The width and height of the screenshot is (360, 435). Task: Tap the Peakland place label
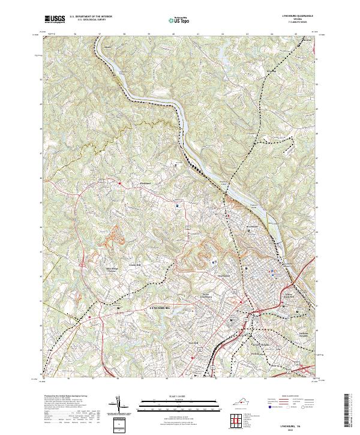139,183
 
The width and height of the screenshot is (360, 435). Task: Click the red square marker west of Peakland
119,183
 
